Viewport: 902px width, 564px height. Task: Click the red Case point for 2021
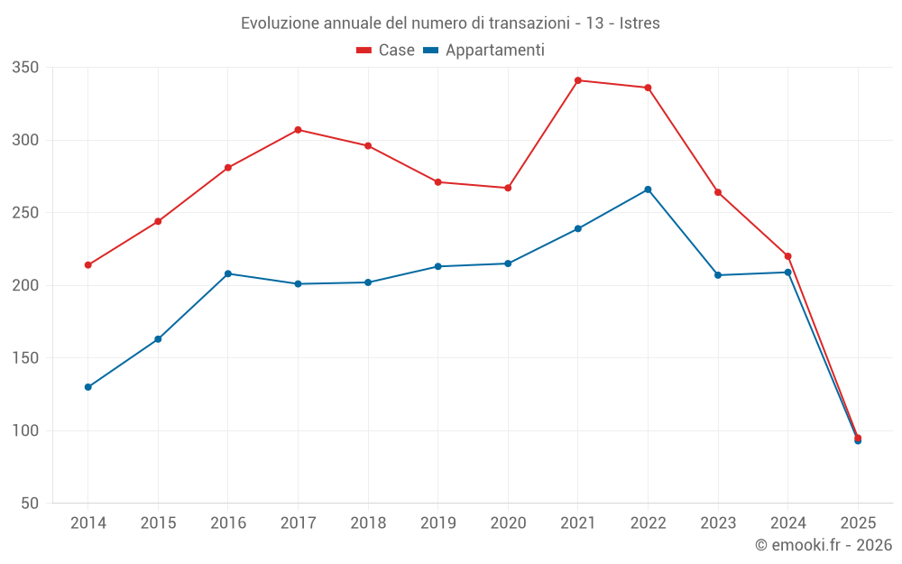coord(578,80)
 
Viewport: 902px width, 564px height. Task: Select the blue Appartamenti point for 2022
coord(648,190)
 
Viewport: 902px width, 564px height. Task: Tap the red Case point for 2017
coord(298,130)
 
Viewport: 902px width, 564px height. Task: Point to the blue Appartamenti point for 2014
coord(88,387)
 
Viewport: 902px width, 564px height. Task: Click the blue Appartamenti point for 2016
coord(228,273)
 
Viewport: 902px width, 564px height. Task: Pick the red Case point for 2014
coord(88,265)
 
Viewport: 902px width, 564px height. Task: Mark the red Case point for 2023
coord(718,192)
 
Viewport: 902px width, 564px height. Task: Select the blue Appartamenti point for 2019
coord(438,266)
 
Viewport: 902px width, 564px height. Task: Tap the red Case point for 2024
coord(787,256)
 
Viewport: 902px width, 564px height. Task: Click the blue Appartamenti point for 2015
coord(158,339)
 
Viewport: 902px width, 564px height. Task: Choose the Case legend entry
coord(386,51)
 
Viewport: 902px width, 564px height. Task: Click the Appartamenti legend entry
coord(484,51)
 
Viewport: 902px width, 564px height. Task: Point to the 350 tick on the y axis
coord(25,68)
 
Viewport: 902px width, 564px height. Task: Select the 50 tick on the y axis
coord(30,504)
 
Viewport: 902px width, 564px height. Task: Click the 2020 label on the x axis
coord(508,523)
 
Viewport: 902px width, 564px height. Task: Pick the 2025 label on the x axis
coord(858,523)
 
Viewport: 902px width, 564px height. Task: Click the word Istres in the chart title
coord(640,23)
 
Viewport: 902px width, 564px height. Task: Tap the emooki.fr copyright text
coord(823,545)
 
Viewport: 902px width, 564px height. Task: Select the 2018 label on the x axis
coord(368,523)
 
